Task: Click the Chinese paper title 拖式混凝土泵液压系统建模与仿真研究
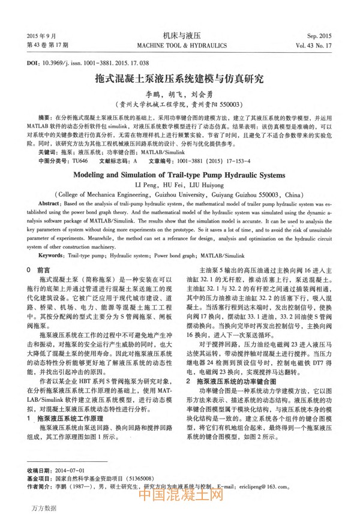179,79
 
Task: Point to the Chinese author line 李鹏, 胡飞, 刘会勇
180,94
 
